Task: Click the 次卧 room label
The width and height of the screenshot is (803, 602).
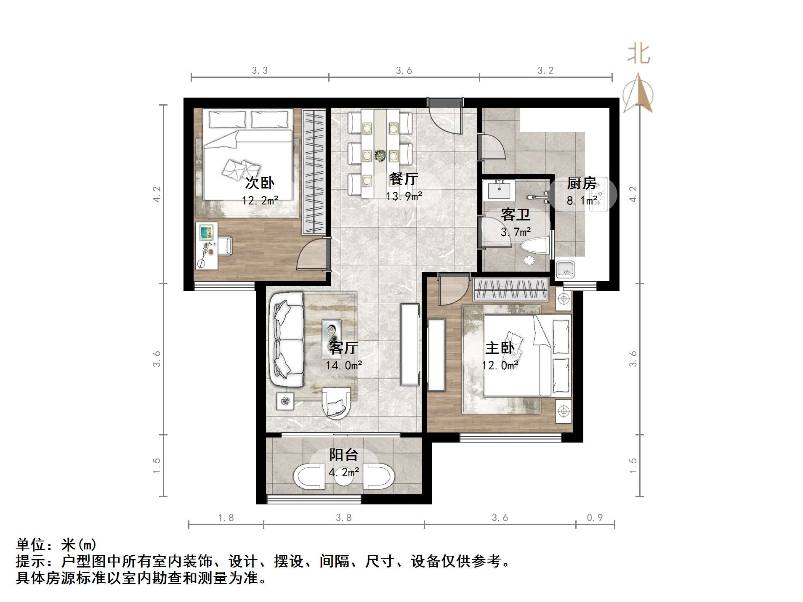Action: pyautogui.click(x=260, y=183)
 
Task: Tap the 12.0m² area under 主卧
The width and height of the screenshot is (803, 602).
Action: pyautogui.click(x=500, y=365)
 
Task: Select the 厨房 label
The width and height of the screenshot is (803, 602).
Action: pyautogui.click(x=582, y=183)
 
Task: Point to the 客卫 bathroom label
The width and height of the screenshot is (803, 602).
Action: pyautogui.click(x=516, y=215)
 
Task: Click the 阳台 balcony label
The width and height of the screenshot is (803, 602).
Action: pyautogui.click(x=343, y=455)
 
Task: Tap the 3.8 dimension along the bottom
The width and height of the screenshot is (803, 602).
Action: pyautogui.click(x=343, y=517)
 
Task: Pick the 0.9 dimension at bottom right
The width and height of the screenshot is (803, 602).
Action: pyautogui.click(x=595, y=517)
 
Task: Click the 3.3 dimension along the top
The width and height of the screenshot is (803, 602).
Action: pyautogui.click(x=260, y=70)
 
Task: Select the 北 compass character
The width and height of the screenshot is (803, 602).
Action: pyautogui.click(x=639, y=54)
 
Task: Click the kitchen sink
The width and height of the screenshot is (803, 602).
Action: pyautogui.click(x=565, y=269)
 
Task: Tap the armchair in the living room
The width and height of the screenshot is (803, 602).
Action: pyautogui.click(x=336, y=403)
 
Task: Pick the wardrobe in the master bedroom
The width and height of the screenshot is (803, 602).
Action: pyautogui.click(x=511, y=289)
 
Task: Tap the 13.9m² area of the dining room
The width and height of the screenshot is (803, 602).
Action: pyautogui.click(x=404, y=196)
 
